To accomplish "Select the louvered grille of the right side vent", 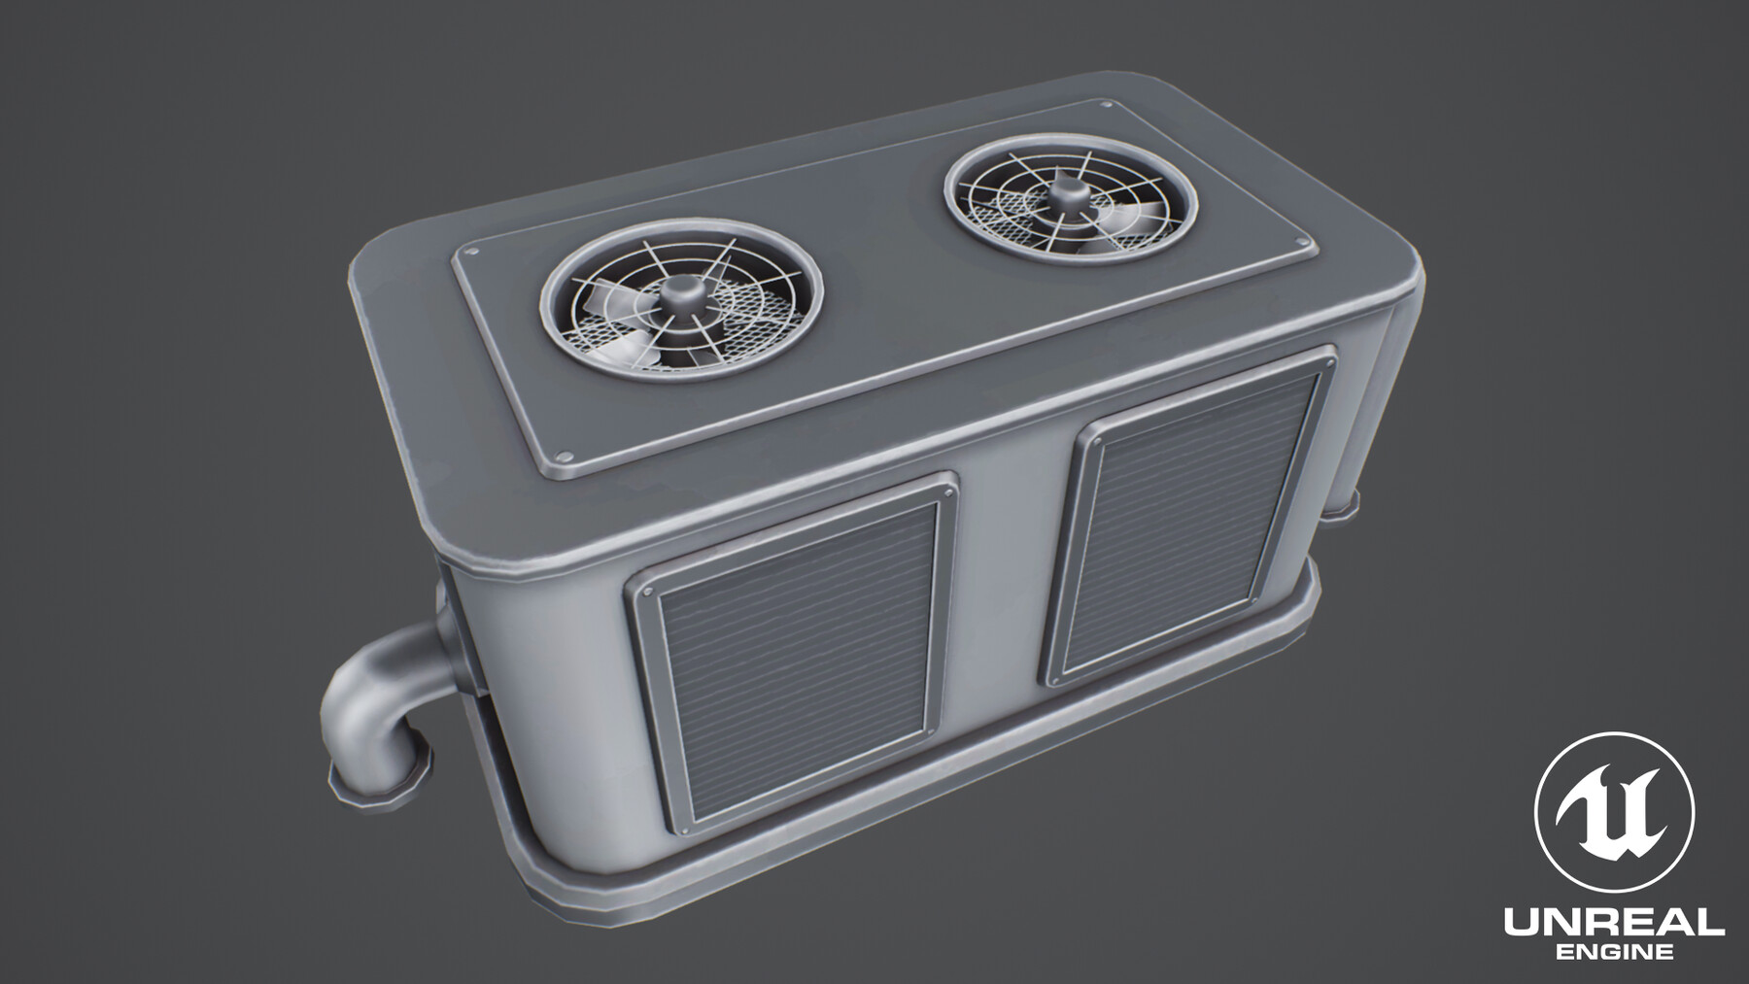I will (1191, 526).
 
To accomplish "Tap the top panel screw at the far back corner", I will (1107, 105).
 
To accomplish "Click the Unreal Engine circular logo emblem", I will (1614, 813).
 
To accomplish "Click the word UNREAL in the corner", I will (1614, 923).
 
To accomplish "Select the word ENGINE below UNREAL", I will (1614, 953).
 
